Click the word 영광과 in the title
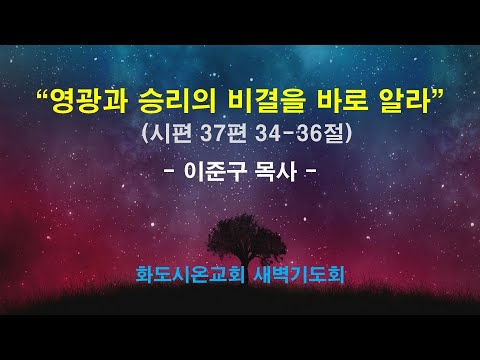(x=90, y=101)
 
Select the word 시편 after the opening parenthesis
(x=172, y=132)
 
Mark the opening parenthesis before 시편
(x=148, y=132)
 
